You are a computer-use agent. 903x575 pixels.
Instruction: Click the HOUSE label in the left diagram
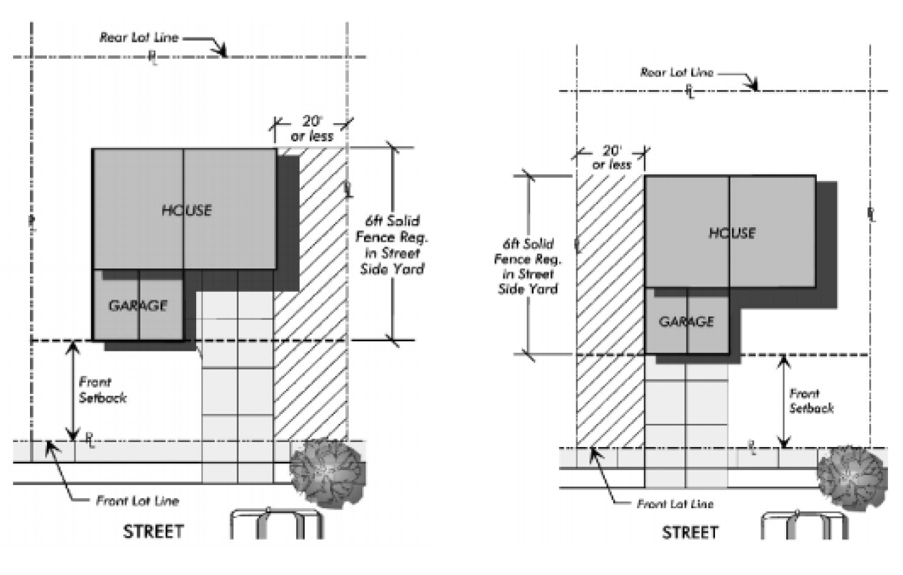pyautogui.click(x=186, y=210)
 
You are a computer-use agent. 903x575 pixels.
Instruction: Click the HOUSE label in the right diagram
pyautogui.click(x=732, y=233)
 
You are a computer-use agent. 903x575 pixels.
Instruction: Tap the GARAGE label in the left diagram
pyautogui.click(x=138, y=305)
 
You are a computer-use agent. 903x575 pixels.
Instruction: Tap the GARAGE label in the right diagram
pyautogui.click(x=686, y=322)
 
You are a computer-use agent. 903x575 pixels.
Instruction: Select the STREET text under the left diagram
pyautogui.click(x=154, y=531)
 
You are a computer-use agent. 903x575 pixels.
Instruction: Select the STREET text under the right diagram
pyautogui.click(x=690, y=533)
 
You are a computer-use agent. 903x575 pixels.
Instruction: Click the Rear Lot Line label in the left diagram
pyautogui.click(x=139, y=37)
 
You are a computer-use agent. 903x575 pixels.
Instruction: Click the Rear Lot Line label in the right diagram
pyautogui.click(x=676, y=72)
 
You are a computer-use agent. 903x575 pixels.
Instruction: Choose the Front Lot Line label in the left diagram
pyautogui.click(x=137, y=501)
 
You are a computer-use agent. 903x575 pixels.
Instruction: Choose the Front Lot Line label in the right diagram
pyautogui.click(x=675, y=504)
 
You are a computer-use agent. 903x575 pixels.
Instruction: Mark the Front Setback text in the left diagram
pyautogui.click(x=102, y=390)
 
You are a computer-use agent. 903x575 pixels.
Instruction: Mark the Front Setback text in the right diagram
pyautogui.click(x=811, y=401)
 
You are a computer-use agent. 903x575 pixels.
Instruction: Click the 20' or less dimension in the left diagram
pyautogui.click(x=312, y=129)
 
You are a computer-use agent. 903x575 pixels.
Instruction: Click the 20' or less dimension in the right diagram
pyautogui.click(x=611, y=157)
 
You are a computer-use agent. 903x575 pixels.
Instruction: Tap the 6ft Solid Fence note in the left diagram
pyautogui.click(x=392, y=245)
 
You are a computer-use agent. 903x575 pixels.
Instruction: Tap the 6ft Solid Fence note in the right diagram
pyautogui.click(x=528, y=266)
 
